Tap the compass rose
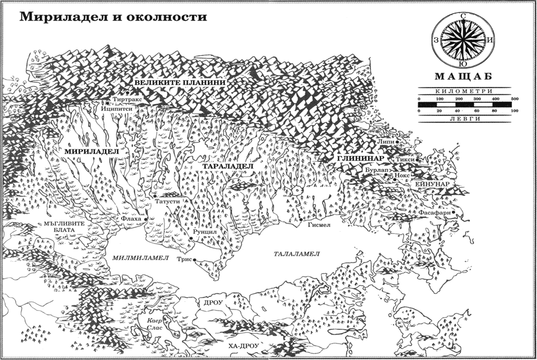[x=465, y=41]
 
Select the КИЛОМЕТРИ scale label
[x=465, y=91]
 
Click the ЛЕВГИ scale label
[x=465, y=119]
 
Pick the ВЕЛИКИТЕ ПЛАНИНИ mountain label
[x=180, y=83]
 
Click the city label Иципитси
[x=116, y=106]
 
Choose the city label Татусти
[x=167, y=202]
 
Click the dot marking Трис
[x=195, y=261]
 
